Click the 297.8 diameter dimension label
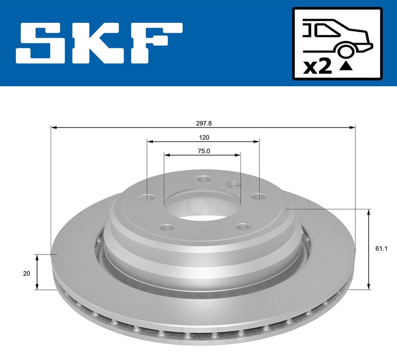pyautogui.click(x=204, y=123)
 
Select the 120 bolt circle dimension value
pyautogui.click(x=204, y=137)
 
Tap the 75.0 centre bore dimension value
pyautogui.click(x=204, y=151)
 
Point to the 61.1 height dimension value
pyautogui.click(x=381, y=249)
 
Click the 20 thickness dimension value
pyautogui.click(x=27, y=274)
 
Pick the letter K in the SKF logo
pyautogui.click(x=101, y=43)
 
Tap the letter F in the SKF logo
pyautogui.click(x=157, y=43)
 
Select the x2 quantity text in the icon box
pyautogui.click(x=318, y=67)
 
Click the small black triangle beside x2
pyautogui.click(x=346, y=66)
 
